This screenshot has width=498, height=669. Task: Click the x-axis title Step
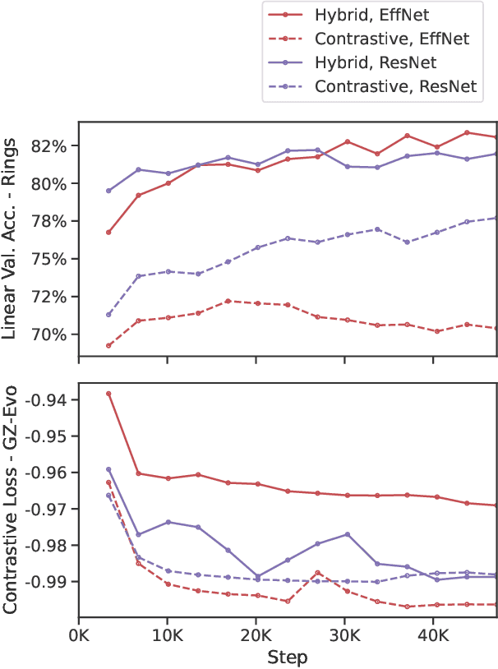[x=288, y=657]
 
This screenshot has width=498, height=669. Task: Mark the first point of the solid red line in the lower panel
[x=108, y=394]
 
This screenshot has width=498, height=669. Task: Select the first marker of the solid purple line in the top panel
[x=108, y=191]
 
